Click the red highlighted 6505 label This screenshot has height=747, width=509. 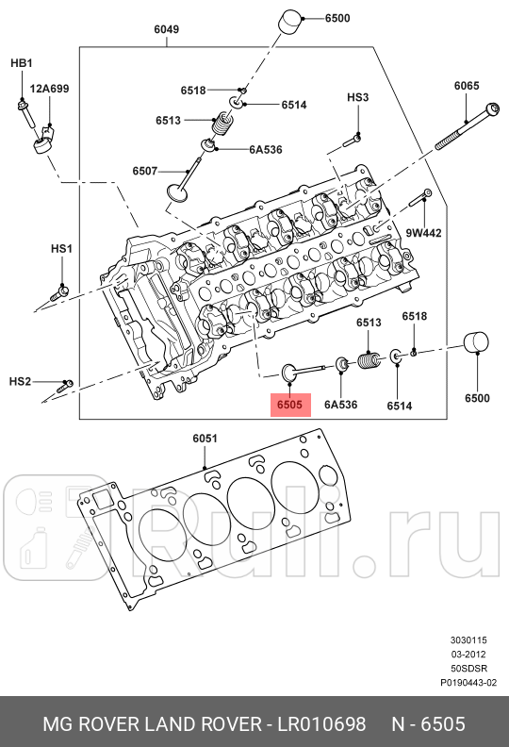(x=288, y=405)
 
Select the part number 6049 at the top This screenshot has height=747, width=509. (x=166, y=29)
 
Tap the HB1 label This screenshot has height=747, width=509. (x=21, y=63)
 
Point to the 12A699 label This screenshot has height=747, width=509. (x=49, y=89)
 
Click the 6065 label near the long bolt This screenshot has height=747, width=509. (x=467, y=86)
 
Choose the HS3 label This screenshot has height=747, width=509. (x=357, y=97)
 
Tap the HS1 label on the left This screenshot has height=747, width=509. (x=61, y=248)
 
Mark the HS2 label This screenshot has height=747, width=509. (x=21, y=381)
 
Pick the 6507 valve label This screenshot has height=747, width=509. (x=145, y=171)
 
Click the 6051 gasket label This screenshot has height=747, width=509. (x=205, y=439)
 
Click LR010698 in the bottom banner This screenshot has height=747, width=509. (x=321, y=723)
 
